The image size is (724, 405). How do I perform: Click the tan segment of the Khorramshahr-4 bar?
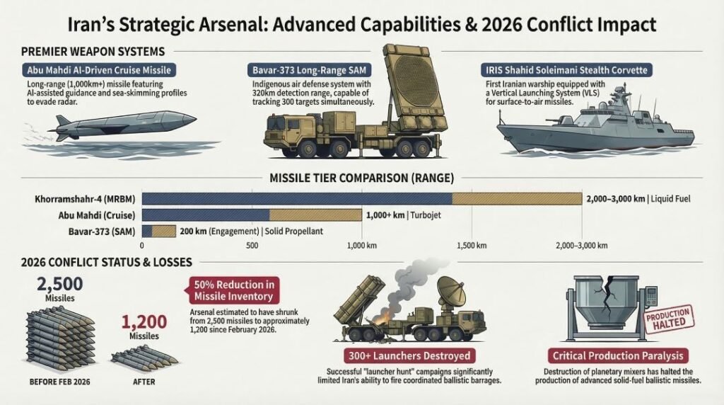516,199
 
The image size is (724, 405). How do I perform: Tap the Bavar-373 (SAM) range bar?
159,230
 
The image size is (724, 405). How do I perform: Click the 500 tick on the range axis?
252,246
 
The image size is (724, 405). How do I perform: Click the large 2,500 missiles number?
59,284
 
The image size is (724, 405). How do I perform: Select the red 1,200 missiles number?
140,324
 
